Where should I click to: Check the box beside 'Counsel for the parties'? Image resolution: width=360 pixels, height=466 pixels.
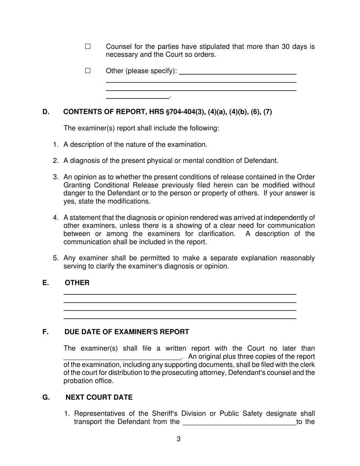coord(88,47)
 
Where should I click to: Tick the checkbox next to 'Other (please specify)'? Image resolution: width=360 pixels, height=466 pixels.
coord(88,70)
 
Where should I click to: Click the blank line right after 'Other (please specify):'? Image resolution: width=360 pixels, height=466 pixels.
coord(237,73)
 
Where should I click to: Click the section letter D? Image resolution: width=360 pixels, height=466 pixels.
coord(46,112)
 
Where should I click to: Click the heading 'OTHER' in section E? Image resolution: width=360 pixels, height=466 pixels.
coord(77,283)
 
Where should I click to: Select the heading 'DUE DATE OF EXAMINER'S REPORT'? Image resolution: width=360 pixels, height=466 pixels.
coord(127,332)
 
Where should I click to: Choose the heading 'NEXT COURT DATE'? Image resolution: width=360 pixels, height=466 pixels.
coord(99,397)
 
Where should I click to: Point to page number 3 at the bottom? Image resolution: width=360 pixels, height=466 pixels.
coord(178,439)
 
